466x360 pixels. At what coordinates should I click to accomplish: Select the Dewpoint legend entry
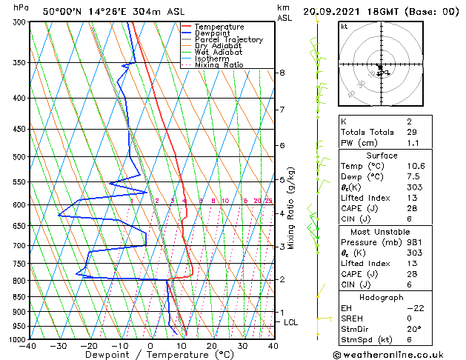click(216, 33)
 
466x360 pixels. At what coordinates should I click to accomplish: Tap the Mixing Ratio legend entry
click(219, 65)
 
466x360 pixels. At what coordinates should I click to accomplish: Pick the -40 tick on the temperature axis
click(29, 346)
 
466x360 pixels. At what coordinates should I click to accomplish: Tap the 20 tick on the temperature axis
click(212, 346)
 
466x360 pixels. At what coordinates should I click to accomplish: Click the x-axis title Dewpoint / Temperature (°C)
click(151, 355)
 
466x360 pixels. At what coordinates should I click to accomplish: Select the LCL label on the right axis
click(291, 322)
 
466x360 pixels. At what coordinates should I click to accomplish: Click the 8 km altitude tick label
click(282, 73)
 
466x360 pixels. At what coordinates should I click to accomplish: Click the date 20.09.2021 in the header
click(334, 11)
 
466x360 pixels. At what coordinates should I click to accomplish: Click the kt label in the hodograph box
click(344, 26)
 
